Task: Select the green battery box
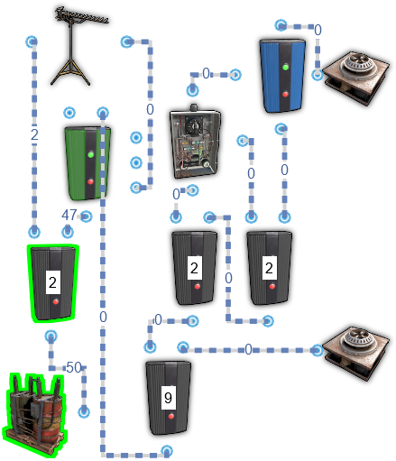[x=87, y=163]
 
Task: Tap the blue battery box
[x=282, y=75]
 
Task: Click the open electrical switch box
[x=196, y=142]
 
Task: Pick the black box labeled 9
[x=169, y=398]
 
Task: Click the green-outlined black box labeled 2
[x=53, y=283]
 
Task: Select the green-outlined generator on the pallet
[x=35, y=416]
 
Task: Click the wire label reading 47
[x=69, y=215]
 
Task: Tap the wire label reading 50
[x=74, y=367]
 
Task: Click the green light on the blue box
[x=286, y=67]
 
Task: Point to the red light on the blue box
[x=285, y=94]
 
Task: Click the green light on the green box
[x=90, y=154]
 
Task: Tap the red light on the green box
[x=90, y=181]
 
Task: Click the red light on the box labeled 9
[x=171, y=417]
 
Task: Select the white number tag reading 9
[x=169, y=398]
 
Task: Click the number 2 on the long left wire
[x=34, y=134]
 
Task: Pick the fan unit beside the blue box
[x=357, y=78]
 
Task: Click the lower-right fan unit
[x=356, y=354]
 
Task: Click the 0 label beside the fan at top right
[x=318, y=30]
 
